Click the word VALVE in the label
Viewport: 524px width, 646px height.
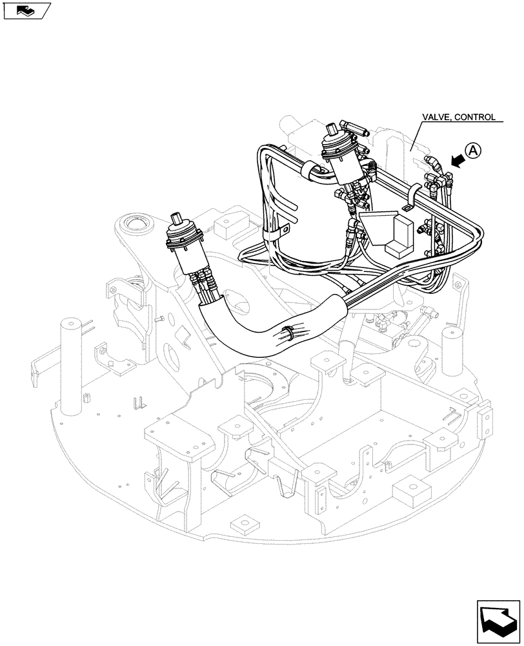[x=436, y=118]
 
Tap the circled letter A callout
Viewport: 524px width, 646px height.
[x=474, y=151]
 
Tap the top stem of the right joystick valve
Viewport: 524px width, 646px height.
[x=336, y=128]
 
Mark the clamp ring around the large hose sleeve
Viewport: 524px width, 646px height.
[x=289, y=334]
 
